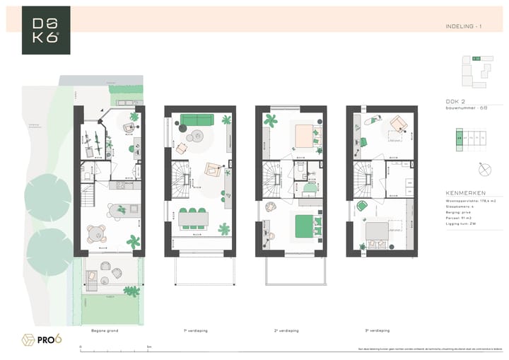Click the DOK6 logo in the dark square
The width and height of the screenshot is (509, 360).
(46, 30)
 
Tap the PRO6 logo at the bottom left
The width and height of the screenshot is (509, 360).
(42, 339)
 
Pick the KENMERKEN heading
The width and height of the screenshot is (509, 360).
(465, 192)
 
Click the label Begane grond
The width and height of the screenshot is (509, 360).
(104, 330)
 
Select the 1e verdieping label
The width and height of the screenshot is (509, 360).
(195, 330)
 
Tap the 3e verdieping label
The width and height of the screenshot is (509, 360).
(378, 330)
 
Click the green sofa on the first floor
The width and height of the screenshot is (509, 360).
(196, 120)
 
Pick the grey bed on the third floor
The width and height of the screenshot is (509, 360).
(376, 231)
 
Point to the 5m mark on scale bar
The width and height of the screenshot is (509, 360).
(149, 347)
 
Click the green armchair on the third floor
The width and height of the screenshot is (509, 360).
(362, 206)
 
